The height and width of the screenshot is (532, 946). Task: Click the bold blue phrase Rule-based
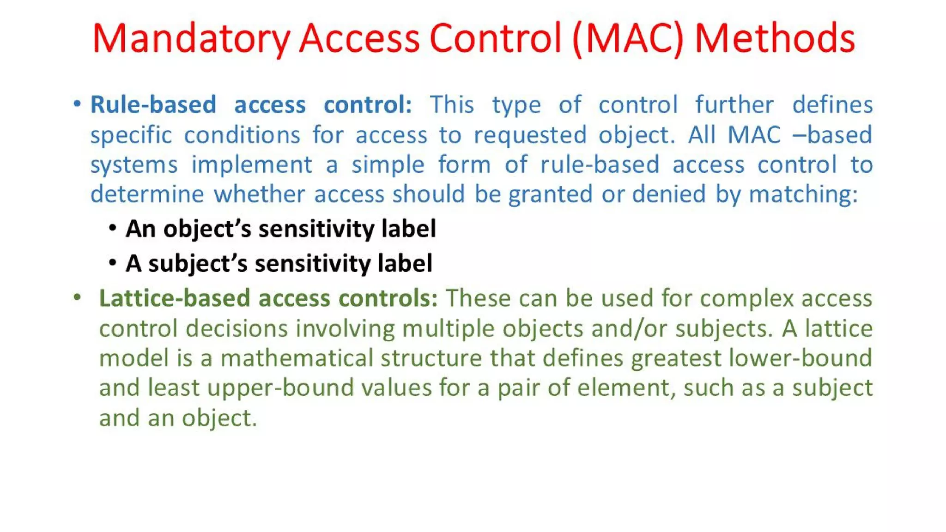pyautogui.click(x=153, y=105)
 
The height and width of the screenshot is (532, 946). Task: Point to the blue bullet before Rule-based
pyautogui.click(x=77, y=104)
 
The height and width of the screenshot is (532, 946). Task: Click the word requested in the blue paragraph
pyautogui.click(x=530, y=135)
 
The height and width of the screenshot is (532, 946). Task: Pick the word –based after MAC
pyautogui.click(x=832, y=135)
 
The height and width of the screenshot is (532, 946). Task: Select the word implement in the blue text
pyautogui.click(x=252, y=165)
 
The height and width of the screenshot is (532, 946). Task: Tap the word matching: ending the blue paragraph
pyautogui.click(x=803, y=194)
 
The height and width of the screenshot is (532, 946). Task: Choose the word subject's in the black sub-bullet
pyautogui.click(x=198, y=264)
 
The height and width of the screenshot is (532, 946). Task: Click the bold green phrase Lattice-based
pyautogui.click(x=175, y=298)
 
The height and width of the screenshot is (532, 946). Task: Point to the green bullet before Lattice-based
pyautogui.click(x=77, y=297)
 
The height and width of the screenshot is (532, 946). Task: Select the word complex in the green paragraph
pyautogui.click(x=747, y=299)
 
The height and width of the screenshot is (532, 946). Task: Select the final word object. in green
pyautogui.click(x=219, y=418)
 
